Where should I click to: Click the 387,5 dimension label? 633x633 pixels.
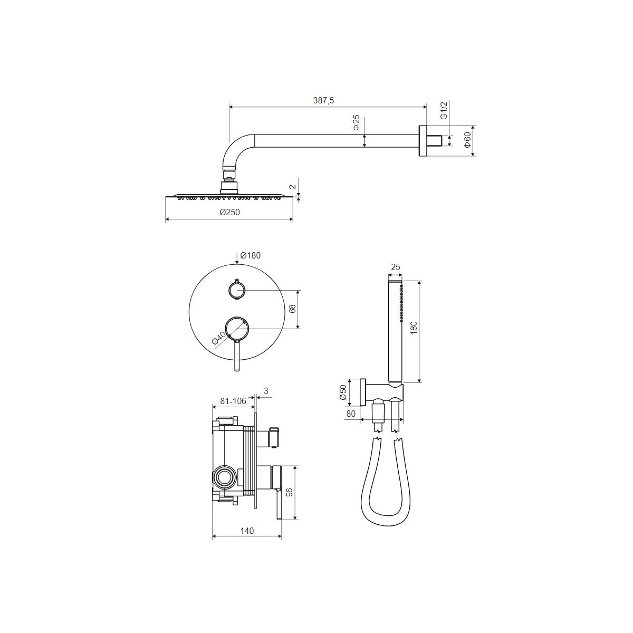click(323, 100)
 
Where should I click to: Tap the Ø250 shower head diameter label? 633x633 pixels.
click(229, 212)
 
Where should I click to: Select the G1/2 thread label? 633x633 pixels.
click(444, 110)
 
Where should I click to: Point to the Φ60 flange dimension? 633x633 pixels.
click(467, 141)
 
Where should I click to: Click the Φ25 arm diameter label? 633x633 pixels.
click(357, 123)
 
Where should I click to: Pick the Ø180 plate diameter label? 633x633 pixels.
click(251, 255)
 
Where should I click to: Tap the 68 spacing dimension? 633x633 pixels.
click(292, 309)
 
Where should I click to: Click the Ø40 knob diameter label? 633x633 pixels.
click(219, 338)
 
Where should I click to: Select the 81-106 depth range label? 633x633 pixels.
click(233, 401)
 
